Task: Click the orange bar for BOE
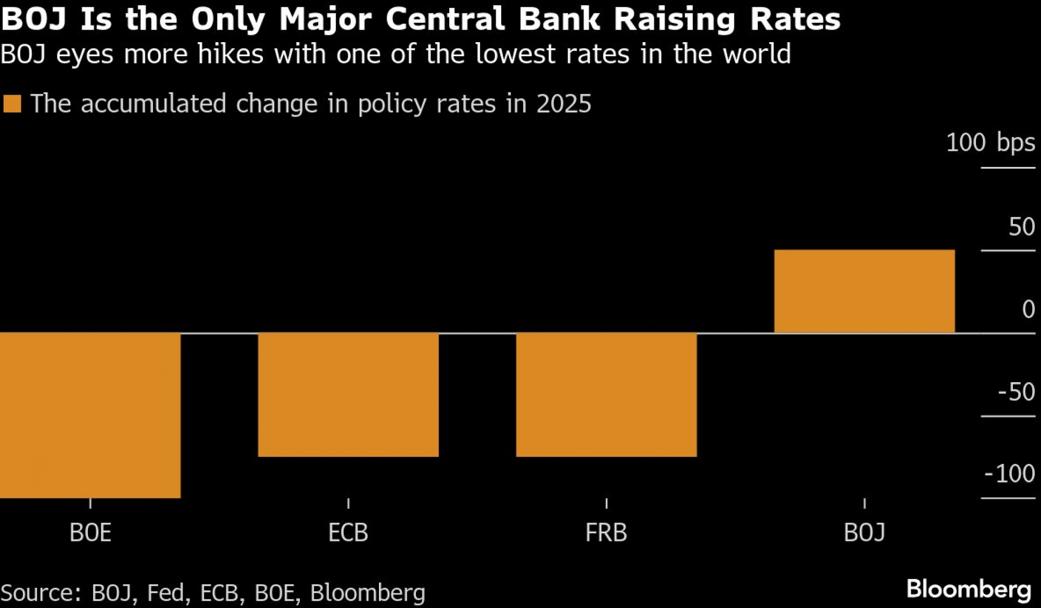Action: click(90, 415)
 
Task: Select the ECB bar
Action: click(348, 394)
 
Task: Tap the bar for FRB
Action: click(606, 394)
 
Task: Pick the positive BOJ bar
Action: click(864, 291)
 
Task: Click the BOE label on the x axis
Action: click(90, 533)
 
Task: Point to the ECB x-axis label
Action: click(348, 533)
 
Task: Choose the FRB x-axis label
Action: click(606, 533)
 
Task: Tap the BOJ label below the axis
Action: click(864, 533)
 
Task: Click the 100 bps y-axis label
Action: click(990, 143)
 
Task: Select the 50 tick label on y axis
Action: click(1021, 227)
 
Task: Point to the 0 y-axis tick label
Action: click(1028, 309)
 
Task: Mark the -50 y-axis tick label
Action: click(1016, 392)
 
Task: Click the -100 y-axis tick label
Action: click(1009, 474)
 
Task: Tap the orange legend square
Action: click(12, 104)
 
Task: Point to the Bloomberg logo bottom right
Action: click(969, 589)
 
